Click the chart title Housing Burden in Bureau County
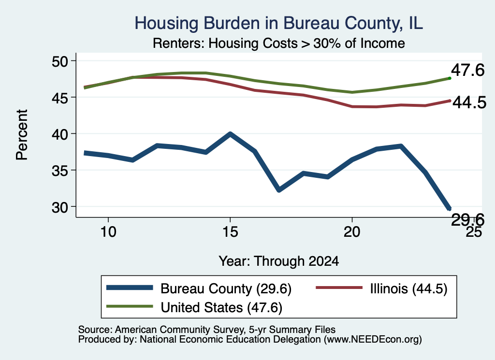point(278,23)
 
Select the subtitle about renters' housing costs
point(279,43)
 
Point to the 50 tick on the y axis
point(59,61)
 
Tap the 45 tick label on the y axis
point(59,98)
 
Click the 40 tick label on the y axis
point(59,134)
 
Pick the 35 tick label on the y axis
point(59,171)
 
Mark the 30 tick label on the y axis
point(59,207)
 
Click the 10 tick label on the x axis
point(108,232)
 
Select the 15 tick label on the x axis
point(230,232)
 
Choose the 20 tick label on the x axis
point(352,232)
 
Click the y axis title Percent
point(22,135)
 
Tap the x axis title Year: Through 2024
point(279,261)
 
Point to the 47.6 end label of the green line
point(467,70)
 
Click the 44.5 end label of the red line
point(469,102)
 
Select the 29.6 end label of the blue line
point(467,219)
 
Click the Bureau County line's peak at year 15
point(230,134)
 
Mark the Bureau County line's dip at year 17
point(279,190)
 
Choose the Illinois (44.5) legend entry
point(382,288)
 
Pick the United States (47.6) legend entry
point(194,307)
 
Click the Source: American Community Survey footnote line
point(207,330)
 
